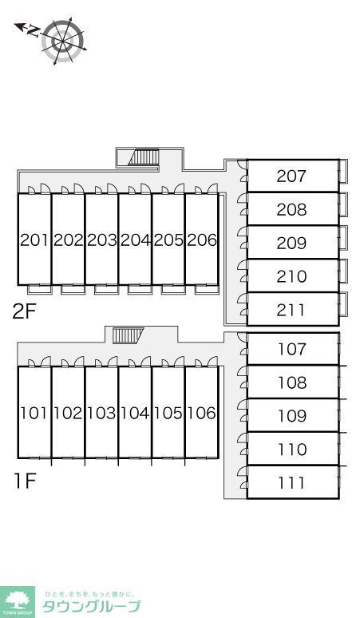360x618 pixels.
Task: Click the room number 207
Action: (x=291, y=176)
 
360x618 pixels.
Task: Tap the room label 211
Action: (x=291, y=310)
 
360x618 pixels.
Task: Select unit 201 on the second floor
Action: (x=34, y=240)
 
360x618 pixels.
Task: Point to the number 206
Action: (x=202, y=240)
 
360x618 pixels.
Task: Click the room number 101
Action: (x=34, y=413)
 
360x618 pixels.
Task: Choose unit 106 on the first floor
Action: (x=201, y=413)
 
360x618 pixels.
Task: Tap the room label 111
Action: (x=291, y=483)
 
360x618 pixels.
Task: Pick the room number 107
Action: (x=292, y=349)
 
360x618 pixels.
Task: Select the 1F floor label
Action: (x=26, y=481)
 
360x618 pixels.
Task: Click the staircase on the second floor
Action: (x=144, y=156)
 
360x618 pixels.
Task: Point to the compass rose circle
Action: (x=63, y=40)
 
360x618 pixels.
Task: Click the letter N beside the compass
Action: (x=33, y=31)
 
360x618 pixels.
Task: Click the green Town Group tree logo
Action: (x=17, y=602)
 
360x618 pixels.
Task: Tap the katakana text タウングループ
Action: (x=91, y=607)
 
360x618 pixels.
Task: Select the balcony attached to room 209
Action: (x=343, y=238)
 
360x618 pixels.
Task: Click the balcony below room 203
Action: (x=106, y=289)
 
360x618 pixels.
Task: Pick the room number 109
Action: (x=292, y=416)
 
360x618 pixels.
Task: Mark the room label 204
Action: (x=135, y=240)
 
